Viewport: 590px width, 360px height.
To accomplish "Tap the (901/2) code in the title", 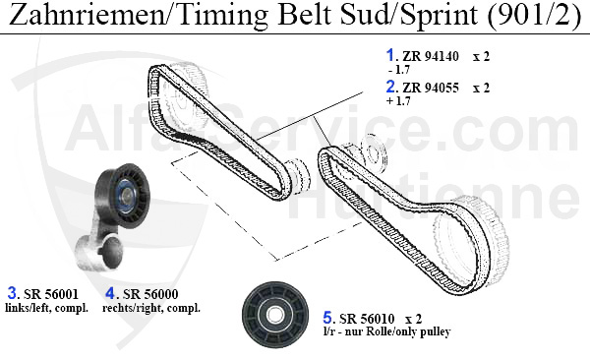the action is point(533,15).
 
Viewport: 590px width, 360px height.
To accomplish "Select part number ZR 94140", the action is point(431,56).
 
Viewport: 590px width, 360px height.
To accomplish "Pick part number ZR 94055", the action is point(431,88).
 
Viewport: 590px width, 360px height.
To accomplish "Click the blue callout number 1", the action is point(390,55).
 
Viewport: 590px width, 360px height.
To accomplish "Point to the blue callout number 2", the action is point(390,87).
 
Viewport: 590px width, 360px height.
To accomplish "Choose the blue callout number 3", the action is point(13,292).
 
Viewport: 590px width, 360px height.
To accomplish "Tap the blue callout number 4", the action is point(110,292).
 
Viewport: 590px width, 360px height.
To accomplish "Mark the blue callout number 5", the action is point(327,318).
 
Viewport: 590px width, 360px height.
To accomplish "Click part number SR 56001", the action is point(51,294).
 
